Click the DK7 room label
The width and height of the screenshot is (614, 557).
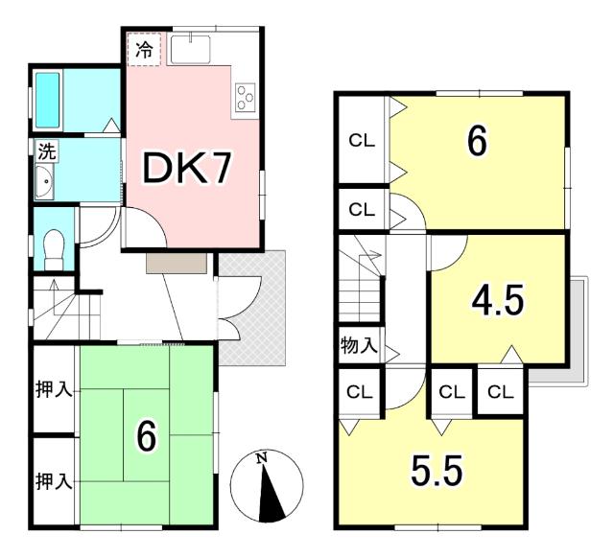tap(187, 169)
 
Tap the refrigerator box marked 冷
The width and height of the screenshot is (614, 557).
tap(144, 49)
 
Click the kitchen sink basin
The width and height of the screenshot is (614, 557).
tap(190, 49)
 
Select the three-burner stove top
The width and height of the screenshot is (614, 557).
tap(246, 96)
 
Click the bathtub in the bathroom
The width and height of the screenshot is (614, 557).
tap(48, 101)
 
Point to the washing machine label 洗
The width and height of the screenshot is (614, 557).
tap(47, 151)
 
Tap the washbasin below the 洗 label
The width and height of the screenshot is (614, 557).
tap(44, 181)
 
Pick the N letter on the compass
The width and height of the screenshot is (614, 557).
tap(261, 458)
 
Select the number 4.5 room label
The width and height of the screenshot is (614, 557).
tap(498, 300)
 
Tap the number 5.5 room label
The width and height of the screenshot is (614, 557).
tap(437, 471)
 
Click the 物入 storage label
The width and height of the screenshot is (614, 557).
tap(359, 345)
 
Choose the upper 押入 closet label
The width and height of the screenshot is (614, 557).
tap(54, 389)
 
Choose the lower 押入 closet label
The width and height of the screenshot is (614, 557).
tap(54, 481)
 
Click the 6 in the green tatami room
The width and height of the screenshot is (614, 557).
tap(147, 435)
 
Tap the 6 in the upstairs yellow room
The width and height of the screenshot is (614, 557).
tap(478, 141)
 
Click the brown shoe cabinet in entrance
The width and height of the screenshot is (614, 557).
tap(177, 263)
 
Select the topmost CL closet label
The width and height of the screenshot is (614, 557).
tap(362, 141)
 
